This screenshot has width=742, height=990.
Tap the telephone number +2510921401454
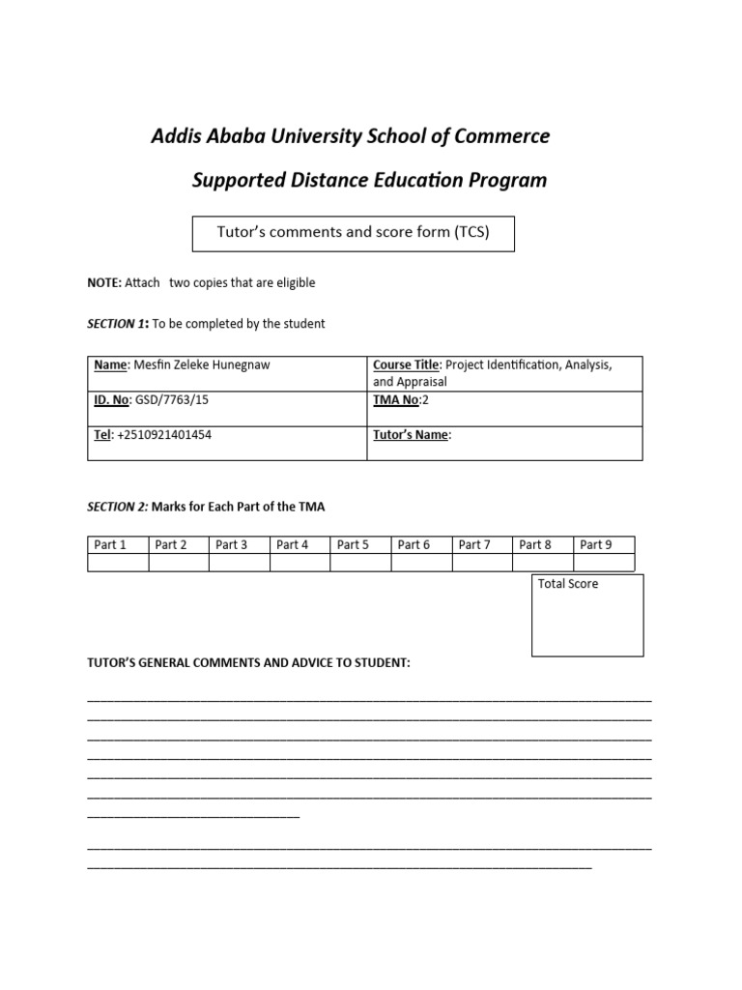(164, 435)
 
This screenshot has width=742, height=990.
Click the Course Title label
(407, 364)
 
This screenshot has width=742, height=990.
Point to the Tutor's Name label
(411, 435)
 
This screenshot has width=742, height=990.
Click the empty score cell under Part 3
(239, 563)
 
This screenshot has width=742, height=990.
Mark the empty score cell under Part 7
(482, 563)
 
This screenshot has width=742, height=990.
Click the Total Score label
(568, 584)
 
